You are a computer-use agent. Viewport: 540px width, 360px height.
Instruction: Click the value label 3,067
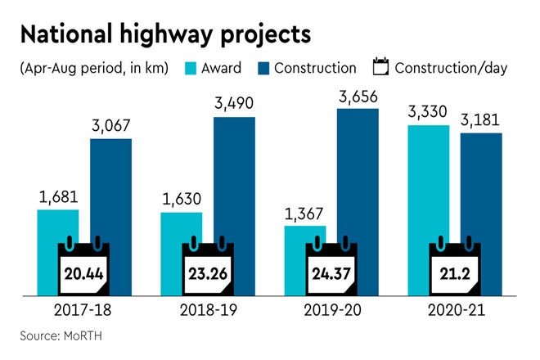pos(111,126)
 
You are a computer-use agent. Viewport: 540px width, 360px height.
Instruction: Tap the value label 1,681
pos(57,197)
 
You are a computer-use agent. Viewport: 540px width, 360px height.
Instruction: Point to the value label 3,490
pos(234,104)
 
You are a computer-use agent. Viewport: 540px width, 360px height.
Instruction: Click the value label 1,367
pos(304,214)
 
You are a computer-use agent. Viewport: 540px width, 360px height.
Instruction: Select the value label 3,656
pos(358,96)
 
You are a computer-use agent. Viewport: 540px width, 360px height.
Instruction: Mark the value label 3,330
pos(428,112)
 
